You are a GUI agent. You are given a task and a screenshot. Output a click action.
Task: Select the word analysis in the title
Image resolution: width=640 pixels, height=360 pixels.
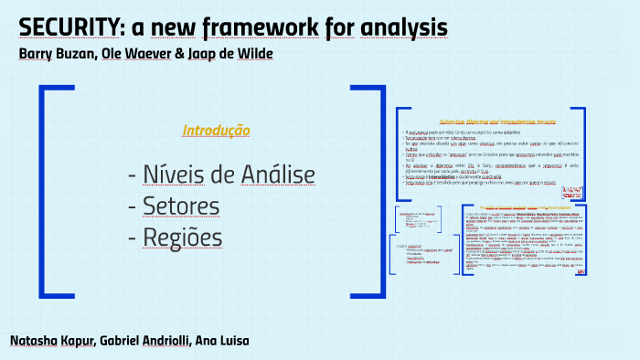pyautogui.click(x=395, y=26)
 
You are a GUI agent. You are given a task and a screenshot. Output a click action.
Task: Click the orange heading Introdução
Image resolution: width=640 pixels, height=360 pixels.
pyautogui.click(x=216, y=130)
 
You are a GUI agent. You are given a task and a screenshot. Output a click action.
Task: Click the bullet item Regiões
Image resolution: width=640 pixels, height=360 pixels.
pyautogui.click(x=183, y=237)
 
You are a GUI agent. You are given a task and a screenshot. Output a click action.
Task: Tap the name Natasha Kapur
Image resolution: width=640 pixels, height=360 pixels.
pyautogui.click(x=52, y=341)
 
